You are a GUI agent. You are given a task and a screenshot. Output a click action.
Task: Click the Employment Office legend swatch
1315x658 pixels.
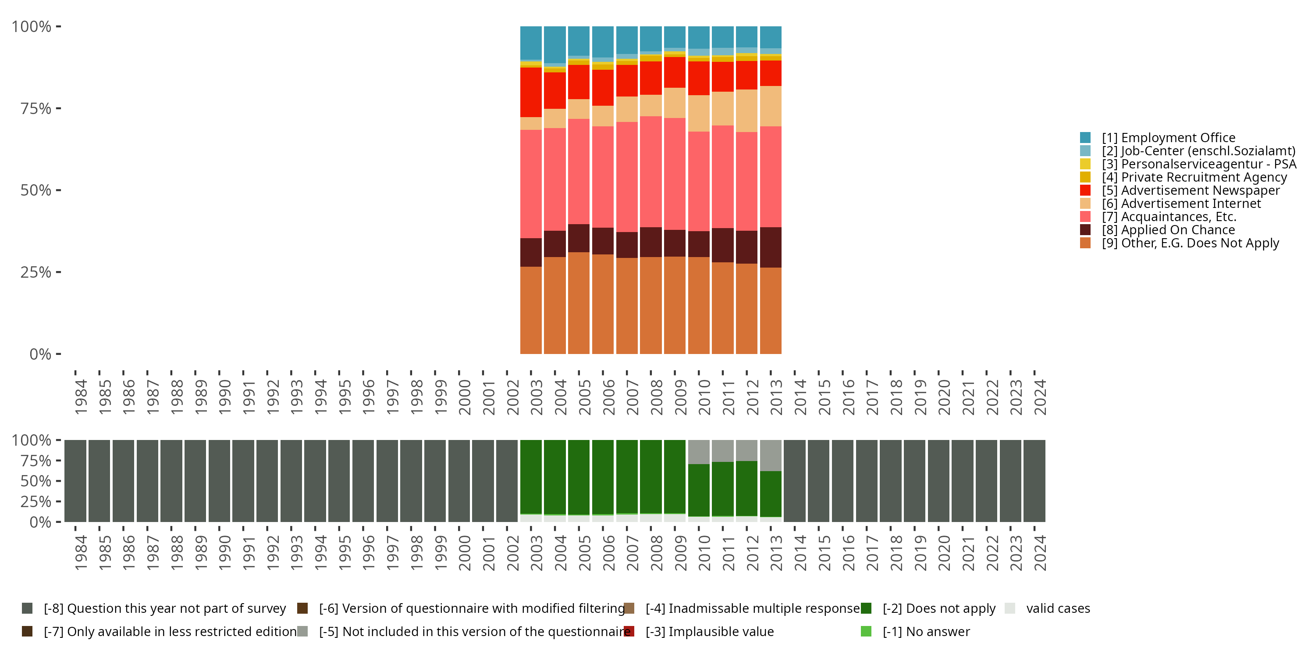[1085, 137]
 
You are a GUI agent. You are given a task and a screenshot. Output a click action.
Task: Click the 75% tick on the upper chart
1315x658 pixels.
[36, 108]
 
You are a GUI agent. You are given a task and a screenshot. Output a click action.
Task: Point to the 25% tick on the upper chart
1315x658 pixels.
[36, 272]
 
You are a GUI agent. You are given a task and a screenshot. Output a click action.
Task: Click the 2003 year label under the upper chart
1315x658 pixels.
[537, 397]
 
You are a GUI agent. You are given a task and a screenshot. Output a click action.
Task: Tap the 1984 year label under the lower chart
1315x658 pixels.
[81, 553]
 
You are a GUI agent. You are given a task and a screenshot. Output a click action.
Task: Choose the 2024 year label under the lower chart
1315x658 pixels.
[1040, 553]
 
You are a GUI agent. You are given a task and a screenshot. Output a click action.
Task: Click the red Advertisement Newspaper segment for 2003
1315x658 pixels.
[531, 92]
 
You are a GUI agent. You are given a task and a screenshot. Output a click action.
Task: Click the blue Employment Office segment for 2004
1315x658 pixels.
[555, 44]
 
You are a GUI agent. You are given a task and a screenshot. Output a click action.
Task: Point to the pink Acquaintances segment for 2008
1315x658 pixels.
[651, 172]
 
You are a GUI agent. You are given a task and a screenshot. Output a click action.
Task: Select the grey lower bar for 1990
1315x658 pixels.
[219, 481]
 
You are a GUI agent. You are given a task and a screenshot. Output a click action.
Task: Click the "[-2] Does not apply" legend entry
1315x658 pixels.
[939, 608]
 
